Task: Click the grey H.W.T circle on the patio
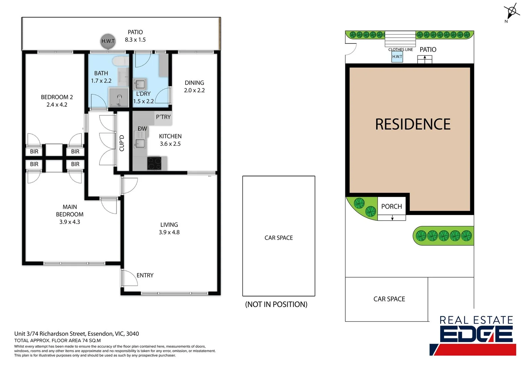click(x=108, y=41)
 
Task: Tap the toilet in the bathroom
click(x=120, y=61)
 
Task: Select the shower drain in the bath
click(x=119, y=97)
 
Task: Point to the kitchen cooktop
click(x=154, y=163)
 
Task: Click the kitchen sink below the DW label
click(x=140, y=143)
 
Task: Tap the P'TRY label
click(x=163, y=117)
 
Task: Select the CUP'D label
click(x=122, y=143)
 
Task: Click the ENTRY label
click(x=145, y=275)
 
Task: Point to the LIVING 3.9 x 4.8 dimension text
click(x=169, y=232)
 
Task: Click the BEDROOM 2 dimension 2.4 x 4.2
click(x=57, y=105)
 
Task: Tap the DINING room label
click(x=194, y=83)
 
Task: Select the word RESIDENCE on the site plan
click(x=413, y=124)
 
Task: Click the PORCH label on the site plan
click(x=392, y=207)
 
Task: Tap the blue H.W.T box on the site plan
click(x=397, y=57)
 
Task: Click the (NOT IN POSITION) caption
click(x=276, y=305)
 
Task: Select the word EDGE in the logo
click(x=476, y=334)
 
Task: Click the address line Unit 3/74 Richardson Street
click(x=77, y=334)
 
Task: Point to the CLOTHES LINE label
click(x=400, y=50)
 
